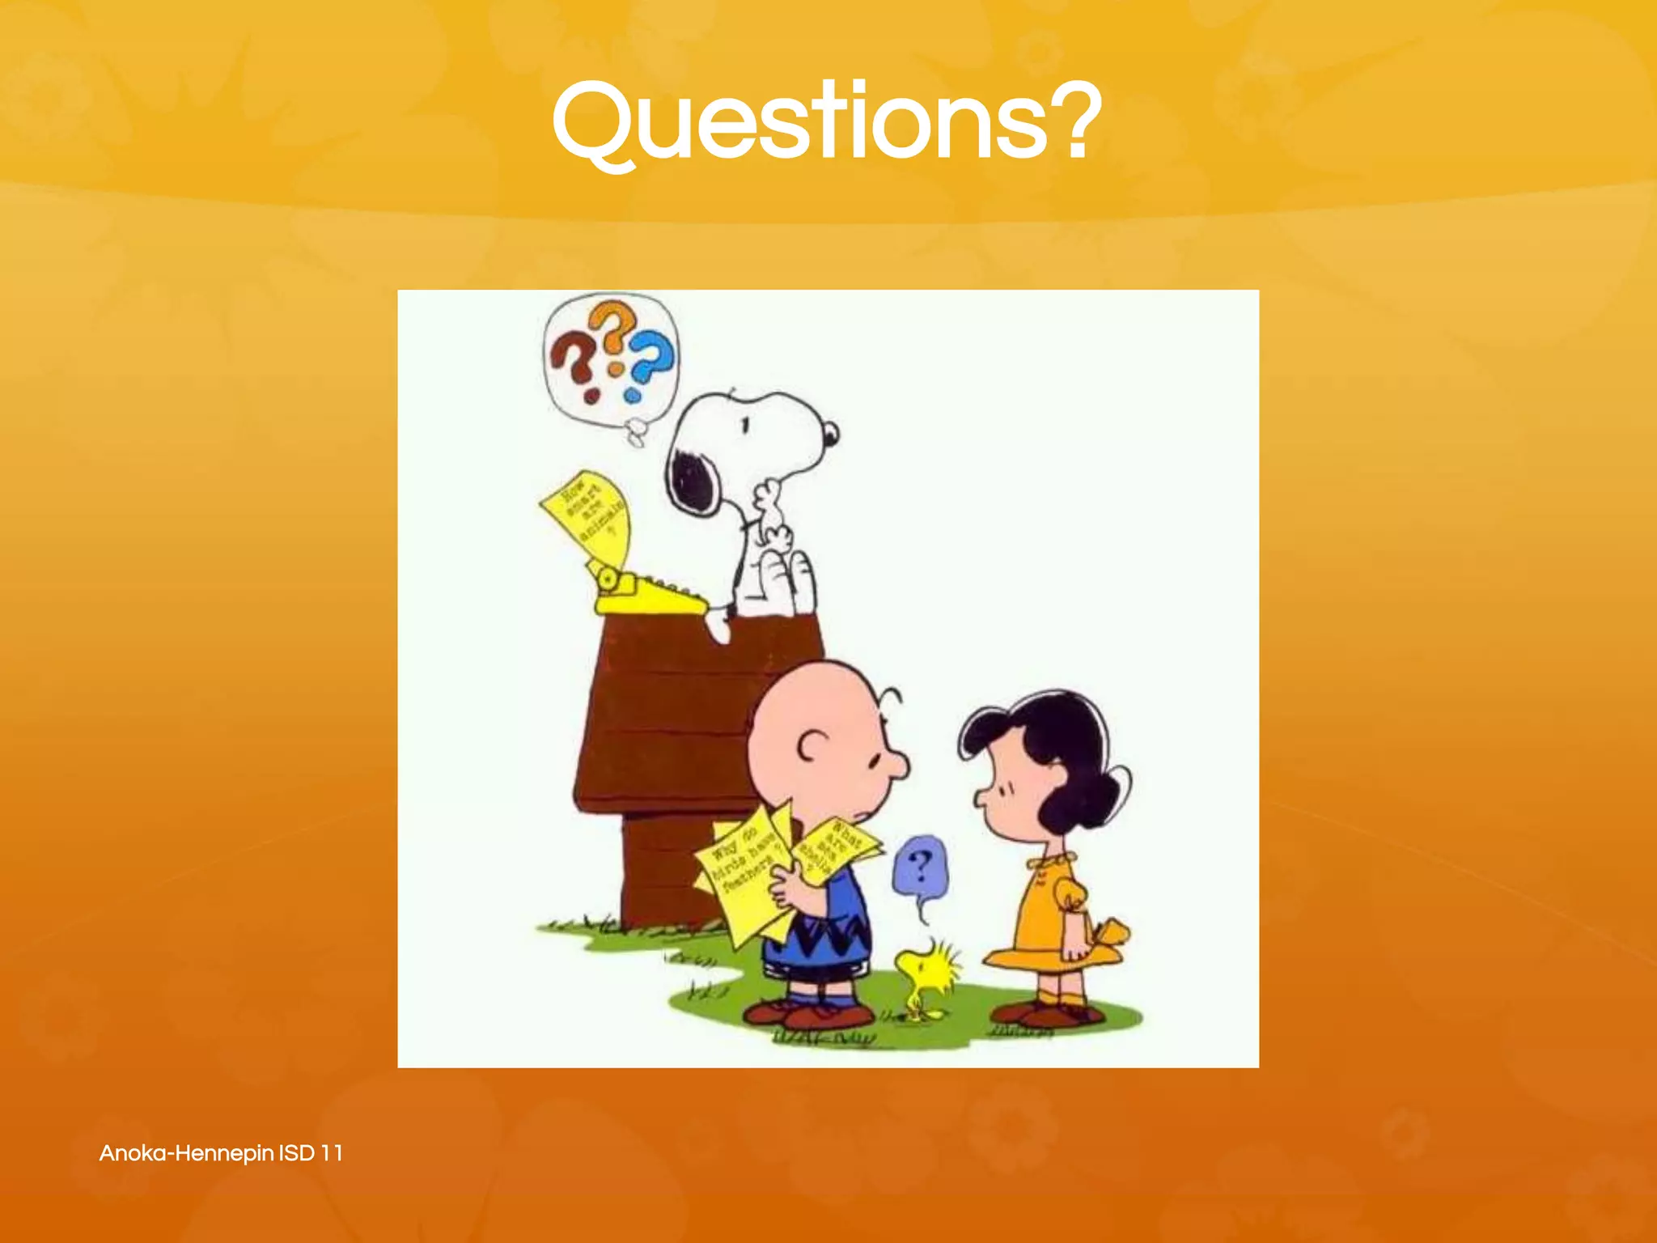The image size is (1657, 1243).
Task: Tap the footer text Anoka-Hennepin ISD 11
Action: pos(221,1152)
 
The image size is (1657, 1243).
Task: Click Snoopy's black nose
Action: pos(830,434)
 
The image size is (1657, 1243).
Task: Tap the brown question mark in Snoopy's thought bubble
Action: pos(572,363)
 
